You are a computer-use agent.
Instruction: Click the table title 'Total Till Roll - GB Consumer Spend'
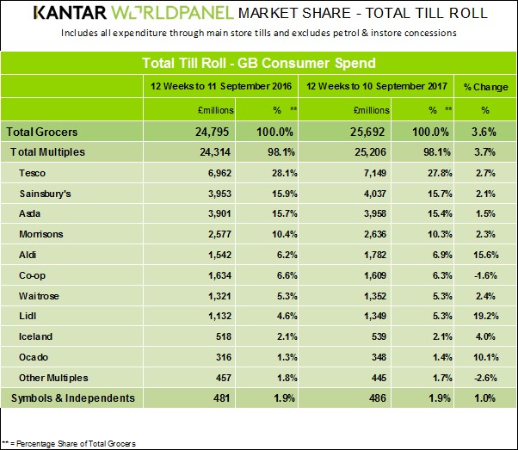coord(257,64)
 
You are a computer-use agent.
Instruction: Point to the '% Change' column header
coord(485,87)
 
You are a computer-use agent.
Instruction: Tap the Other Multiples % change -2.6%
coord(485,378)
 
